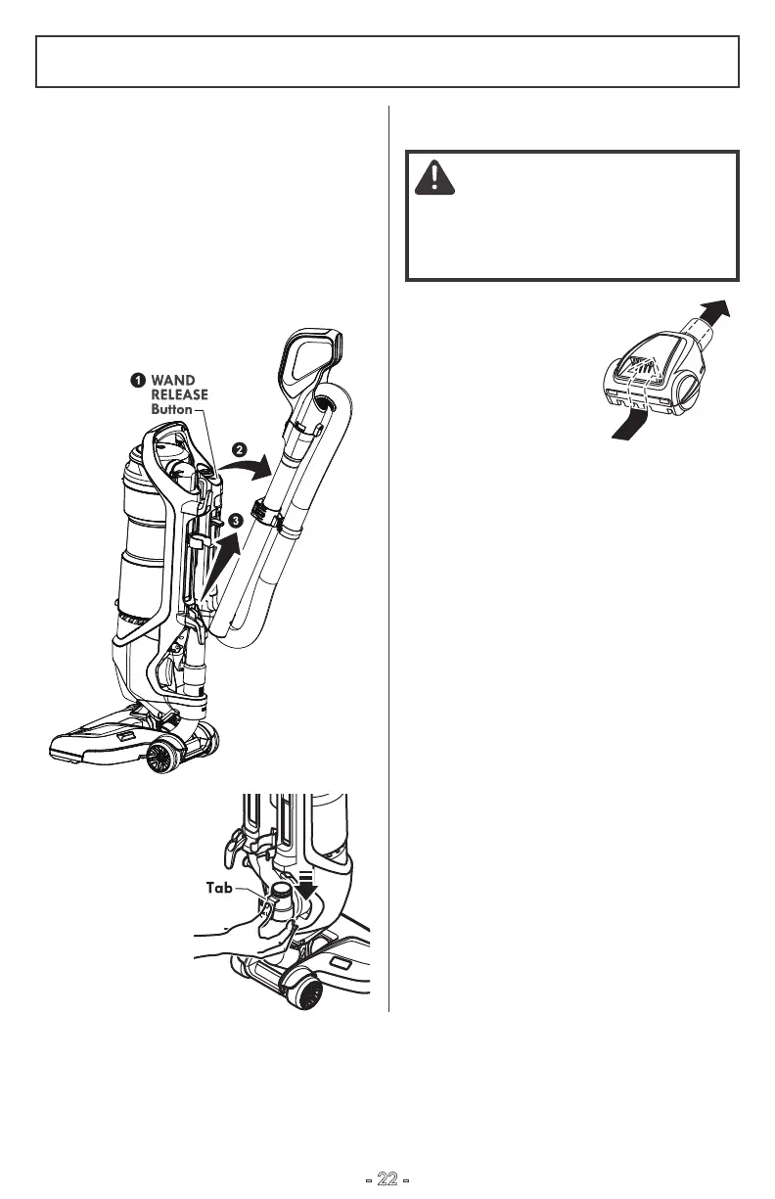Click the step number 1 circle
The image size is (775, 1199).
tap(139, 379)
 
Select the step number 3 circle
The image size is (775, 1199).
tap(236, 519)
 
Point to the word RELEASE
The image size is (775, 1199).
tap(179, 394)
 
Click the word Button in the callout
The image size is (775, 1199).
tap(171, 409)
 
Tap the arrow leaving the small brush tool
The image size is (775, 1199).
tap(713, 318)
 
